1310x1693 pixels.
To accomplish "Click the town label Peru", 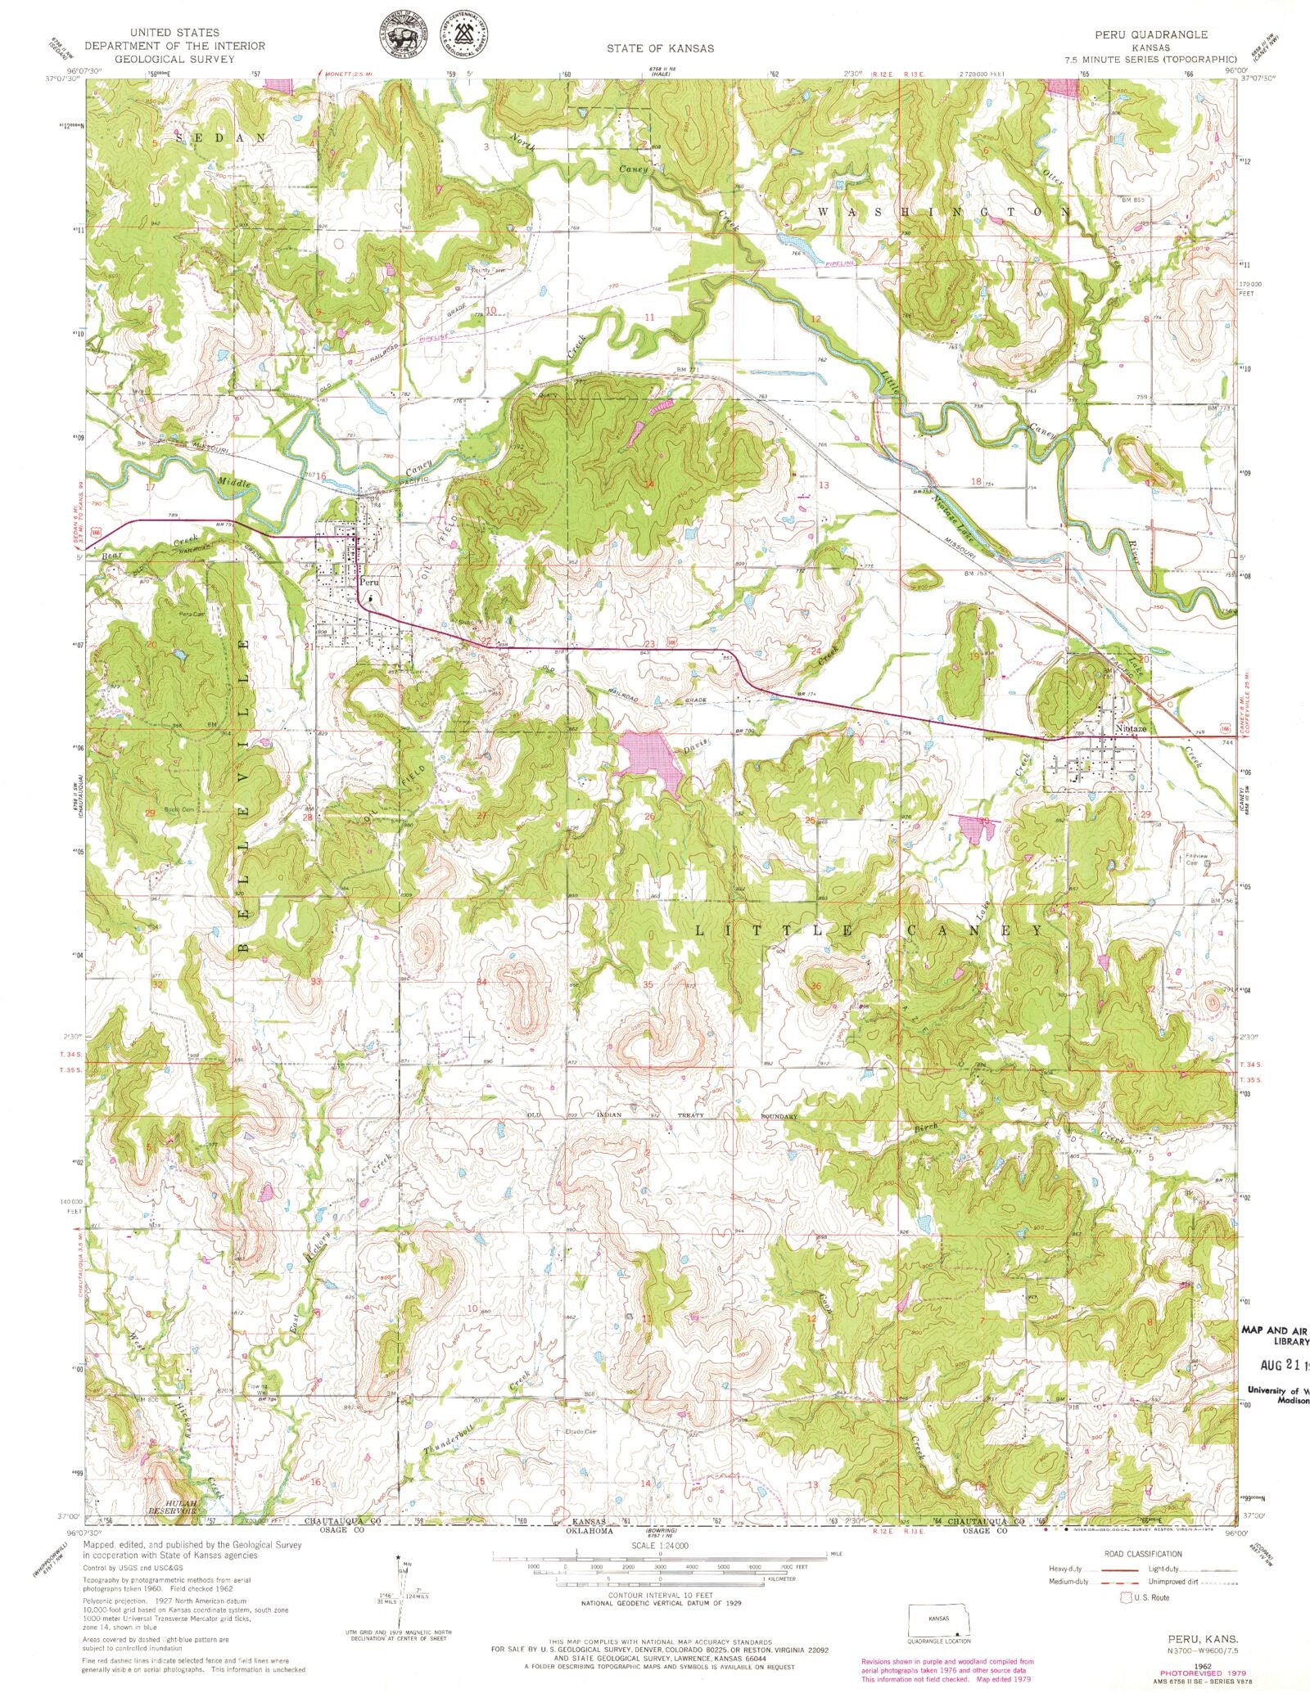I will coord(368,582).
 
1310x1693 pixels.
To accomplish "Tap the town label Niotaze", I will coord(1130,728).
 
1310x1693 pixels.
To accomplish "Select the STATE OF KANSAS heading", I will coord(660,48).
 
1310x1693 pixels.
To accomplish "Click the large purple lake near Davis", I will coord(651,755).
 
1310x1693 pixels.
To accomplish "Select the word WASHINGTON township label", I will coord(943,212).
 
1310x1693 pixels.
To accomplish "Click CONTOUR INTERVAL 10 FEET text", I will coord(661,1595).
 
